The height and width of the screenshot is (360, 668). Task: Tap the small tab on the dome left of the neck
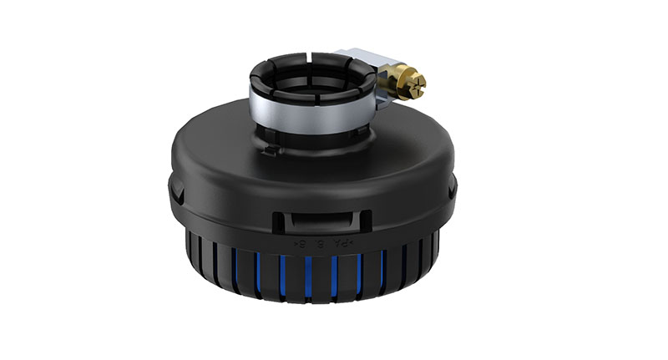pos(268,150)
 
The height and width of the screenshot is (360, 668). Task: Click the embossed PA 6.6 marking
pos(321,243)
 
